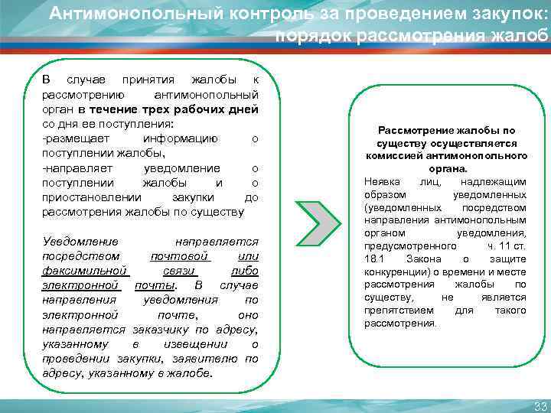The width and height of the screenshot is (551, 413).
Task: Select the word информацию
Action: coord(180,138)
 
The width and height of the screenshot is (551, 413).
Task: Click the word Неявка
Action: coord(381,180)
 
